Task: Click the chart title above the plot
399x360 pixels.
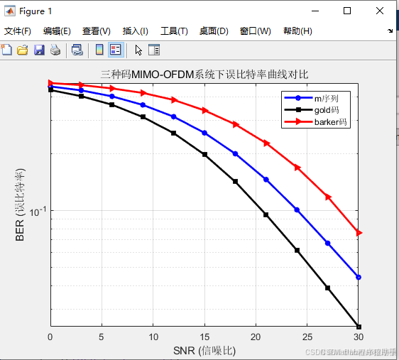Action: coord(204,74)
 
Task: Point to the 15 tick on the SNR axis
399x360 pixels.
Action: coord(204,337)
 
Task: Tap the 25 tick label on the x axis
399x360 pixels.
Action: coord(307,337)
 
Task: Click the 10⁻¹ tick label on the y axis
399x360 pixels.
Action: coord(35,211)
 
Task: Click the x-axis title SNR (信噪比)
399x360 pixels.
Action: coord(204,350)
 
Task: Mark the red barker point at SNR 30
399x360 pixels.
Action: coord(359,233)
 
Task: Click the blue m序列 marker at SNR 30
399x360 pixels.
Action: coord(359,277)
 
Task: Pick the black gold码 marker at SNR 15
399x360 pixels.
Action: coord(204,154)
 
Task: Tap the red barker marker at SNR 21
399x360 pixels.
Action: coord(266,143)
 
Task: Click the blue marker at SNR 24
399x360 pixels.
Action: coord(297,209)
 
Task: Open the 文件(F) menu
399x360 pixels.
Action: coord(18,31)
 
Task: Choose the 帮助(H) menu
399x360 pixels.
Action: coord(297,31)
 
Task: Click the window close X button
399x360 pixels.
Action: coord(380,11)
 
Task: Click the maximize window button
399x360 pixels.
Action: coord(347,11)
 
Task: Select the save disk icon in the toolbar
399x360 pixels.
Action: coord(39,50)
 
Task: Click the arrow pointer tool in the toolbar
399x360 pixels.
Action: coord(138,50)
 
